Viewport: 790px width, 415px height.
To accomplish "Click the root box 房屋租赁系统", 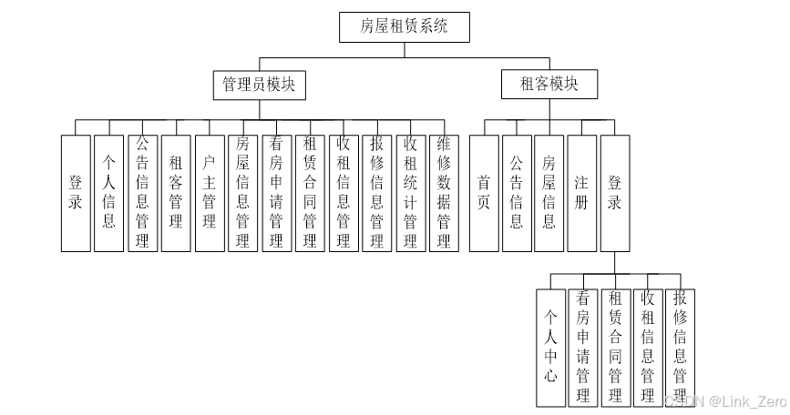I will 405,26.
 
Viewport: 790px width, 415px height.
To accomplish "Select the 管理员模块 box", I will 259,86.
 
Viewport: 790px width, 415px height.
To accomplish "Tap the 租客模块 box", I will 549,86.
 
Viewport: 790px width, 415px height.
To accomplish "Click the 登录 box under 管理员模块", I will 76,193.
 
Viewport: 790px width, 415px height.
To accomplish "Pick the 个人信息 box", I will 108,193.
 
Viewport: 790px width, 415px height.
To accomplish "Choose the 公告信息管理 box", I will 142,193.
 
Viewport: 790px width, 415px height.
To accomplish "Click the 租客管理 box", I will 176,193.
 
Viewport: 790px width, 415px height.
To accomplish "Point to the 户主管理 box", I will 209,193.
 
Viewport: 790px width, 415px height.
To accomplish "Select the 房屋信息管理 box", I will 242,193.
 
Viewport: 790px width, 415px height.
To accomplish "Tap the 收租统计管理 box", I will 410,193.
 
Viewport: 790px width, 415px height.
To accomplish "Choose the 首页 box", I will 484,193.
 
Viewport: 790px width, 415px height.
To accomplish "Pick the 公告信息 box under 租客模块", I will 517,193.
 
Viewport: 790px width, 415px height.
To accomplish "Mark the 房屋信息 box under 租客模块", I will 549,193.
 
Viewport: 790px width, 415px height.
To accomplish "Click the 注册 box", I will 582,193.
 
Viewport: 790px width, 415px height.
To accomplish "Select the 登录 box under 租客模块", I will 615,193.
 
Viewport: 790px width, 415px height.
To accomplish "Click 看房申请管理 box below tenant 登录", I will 583,346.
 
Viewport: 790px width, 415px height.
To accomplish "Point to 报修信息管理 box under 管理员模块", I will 376,193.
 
